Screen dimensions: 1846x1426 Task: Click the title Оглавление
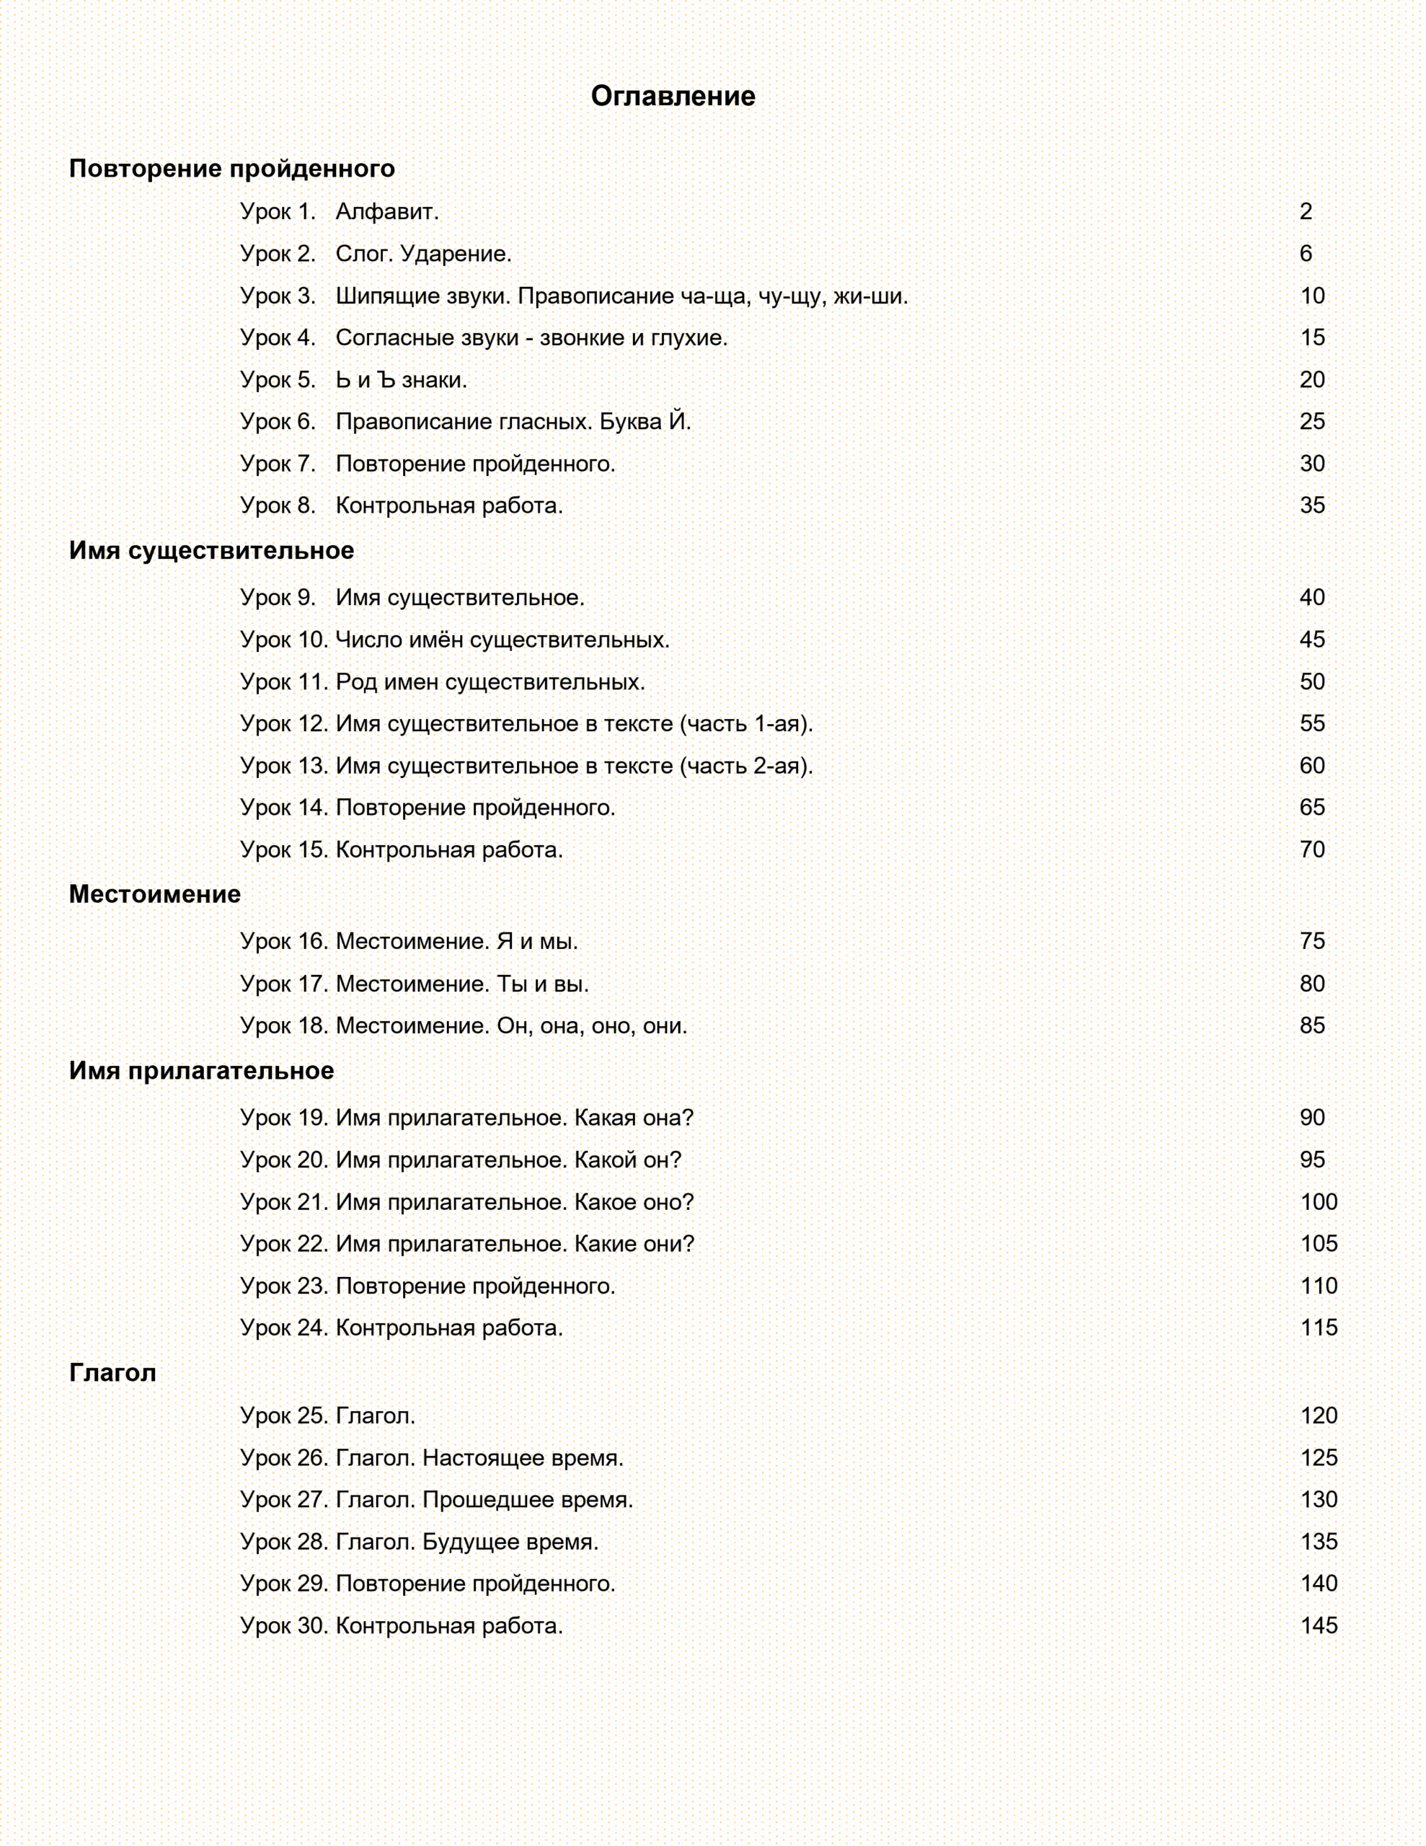pyautogui.click(x=672, y=97)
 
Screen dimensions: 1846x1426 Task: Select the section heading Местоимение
pyautogui.click(x=155, y=894)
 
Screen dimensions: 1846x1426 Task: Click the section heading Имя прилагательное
pyautogui.click(x=201, y=1071)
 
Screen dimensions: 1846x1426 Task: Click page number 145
pyautogui.click(x=1318, y=1625)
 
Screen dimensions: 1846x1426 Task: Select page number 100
pyautogui.click(x=1318, y=1202)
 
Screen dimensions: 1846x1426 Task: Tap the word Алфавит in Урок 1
pyautogui.click(x=386, y=211)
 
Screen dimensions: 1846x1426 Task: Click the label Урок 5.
pyautogui.click(x=278, y=379)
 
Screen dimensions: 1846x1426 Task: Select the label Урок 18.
pyautogui.click(x=283, y=1025)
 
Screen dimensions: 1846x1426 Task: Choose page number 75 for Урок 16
pyautogui.click(x=1311, y=941)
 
